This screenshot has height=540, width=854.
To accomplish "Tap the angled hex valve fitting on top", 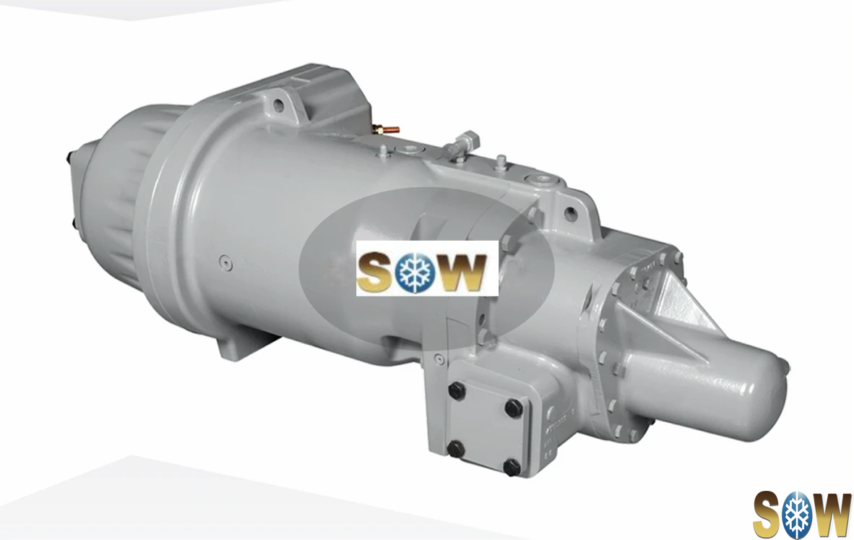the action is [460, 144].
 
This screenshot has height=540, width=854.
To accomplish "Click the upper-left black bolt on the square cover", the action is [456, 390].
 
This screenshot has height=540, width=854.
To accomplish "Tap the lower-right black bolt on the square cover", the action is [512, 466].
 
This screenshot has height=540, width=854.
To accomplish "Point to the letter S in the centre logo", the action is [375, 271].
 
